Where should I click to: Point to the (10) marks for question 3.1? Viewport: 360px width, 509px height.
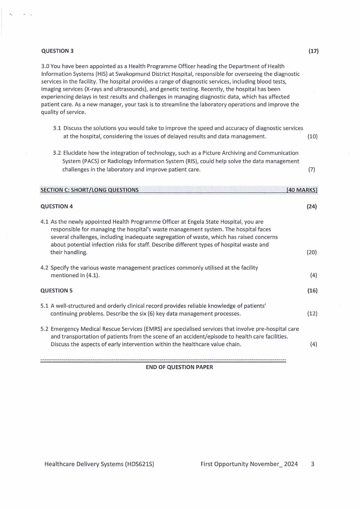point(312,136)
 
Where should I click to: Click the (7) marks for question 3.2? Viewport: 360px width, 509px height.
point(311,169)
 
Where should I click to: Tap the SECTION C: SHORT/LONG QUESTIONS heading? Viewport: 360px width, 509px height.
point(89,190)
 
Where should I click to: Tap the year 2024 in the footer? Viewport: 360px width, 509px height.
point(289,464)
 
